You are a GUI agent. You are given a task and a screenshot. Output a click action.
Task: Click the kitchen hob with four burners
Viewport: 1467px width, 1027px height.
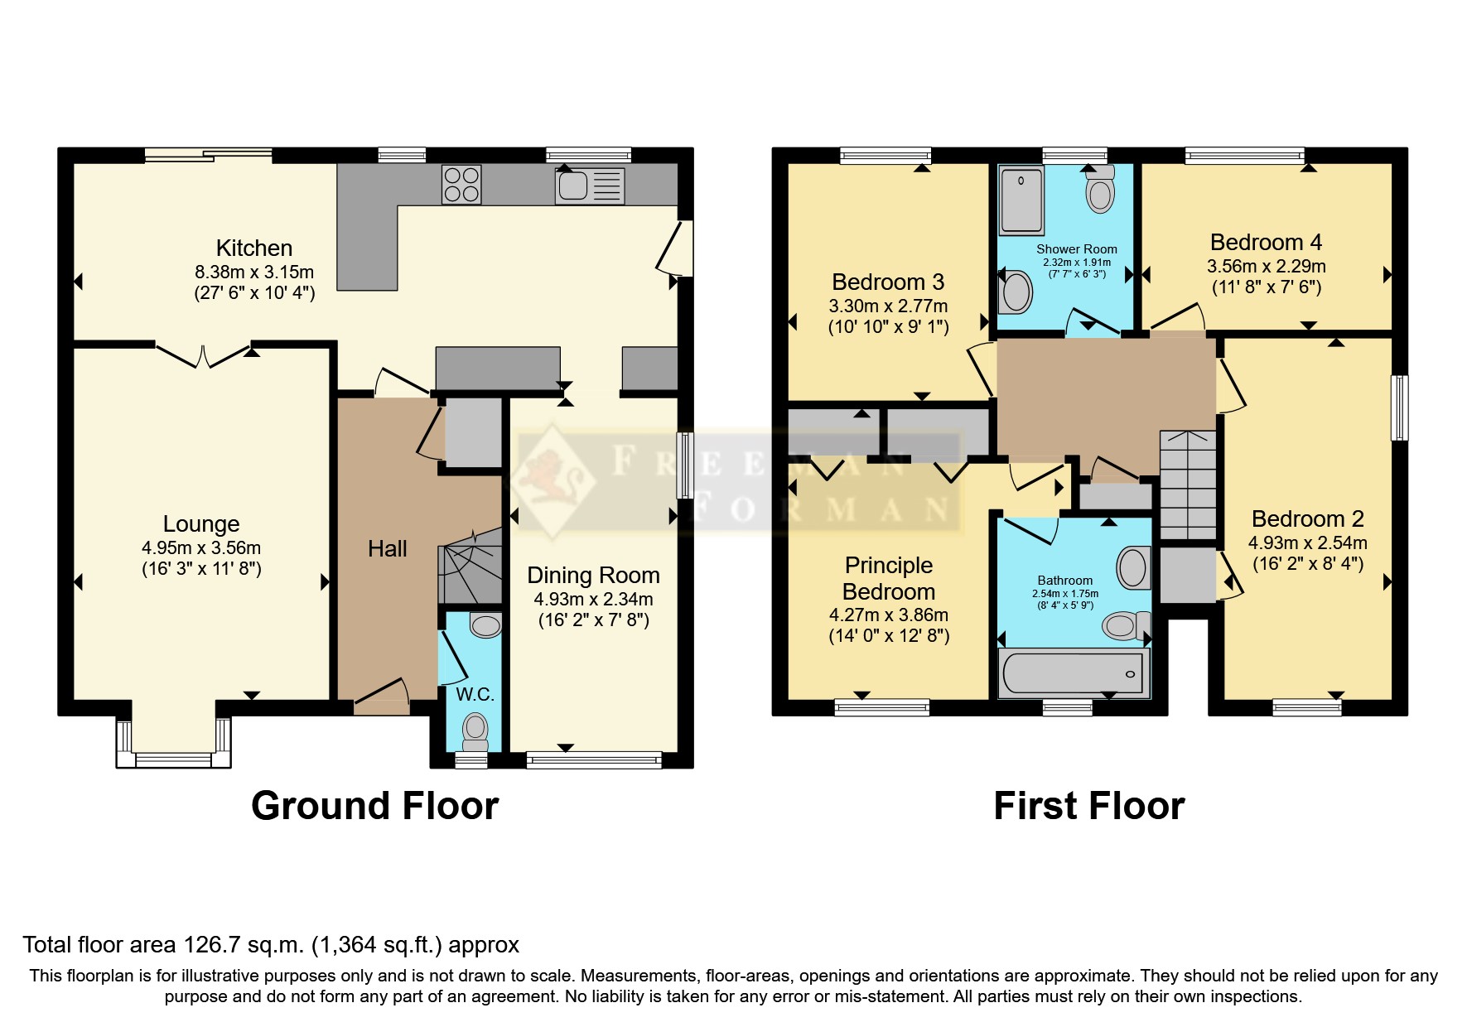461,184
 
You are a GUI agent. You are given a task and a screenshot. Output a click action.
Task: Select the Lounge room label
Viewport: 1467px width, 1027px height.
201,524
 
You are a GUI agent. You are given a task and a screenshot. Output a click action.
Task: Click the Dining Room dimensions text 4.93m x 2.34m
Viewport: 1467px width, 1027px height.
593,599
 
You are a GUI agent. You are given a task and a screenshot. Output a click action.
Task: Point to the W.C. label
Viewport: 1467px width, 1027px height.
475,694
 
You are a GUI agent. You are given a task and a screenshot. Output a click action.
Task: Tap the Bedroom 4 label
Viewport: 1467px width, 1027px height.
1266,243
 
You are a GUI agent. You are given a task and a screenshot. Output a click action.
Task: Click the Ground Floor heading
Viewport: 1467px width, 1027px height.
374,806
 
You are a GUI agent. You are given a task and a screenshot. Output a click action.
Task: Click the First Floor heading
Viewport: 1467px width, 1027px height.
1088,806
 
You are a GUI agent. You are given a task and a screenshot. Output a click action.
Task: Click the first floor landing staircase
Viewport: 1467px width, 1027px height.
1187,485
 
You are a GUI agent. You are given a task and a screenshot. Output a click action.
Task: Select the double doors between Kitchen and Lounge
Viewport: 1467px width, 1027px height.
203,354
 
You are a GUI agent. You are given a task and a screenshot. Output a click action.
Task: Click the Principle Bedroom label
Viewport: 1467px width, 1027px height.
889,578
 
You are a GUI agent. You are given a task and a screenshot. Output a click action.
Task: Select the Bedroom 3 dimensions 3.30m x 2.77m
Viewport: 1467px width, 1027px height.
888,306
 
